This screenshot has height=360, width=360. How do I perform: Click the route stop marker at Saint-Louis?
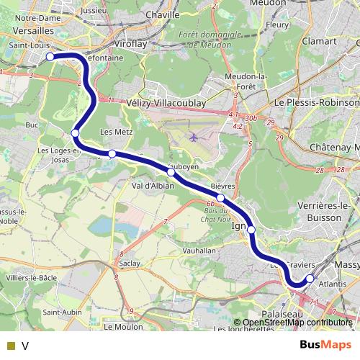[50, 56]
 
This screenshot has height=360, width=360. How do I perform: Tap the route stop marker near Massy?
[310, 279]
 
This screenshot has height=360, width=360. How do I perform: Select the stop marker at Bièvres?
[220, 198]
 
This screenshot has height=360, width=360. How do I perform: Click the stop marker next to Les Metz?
[112, 153]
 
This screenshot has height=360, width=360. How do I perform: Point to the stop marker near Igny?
[251, 230]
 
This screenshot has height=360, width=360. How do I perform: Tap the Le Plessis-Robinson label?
[312, 102]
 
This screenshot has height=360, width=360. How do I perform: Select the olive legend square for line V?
[10, 345]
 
